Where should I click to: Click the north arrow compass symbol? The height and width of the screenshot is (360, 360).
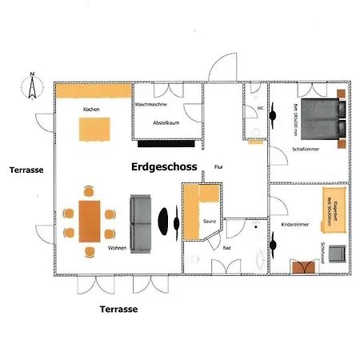[30, 85]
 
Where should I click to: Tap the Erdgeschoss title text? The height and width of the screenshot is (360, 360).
[165, 167]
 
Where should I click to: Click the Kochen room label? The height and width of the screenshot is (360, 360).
[90, 110]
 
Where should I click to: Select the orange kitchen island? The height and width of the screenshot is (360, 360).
[94, 129]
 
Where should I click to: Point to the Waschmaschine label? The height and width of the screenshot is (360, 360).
[150, 105]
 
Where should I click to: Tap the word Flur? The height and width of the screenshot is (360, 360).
[218, 167]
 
